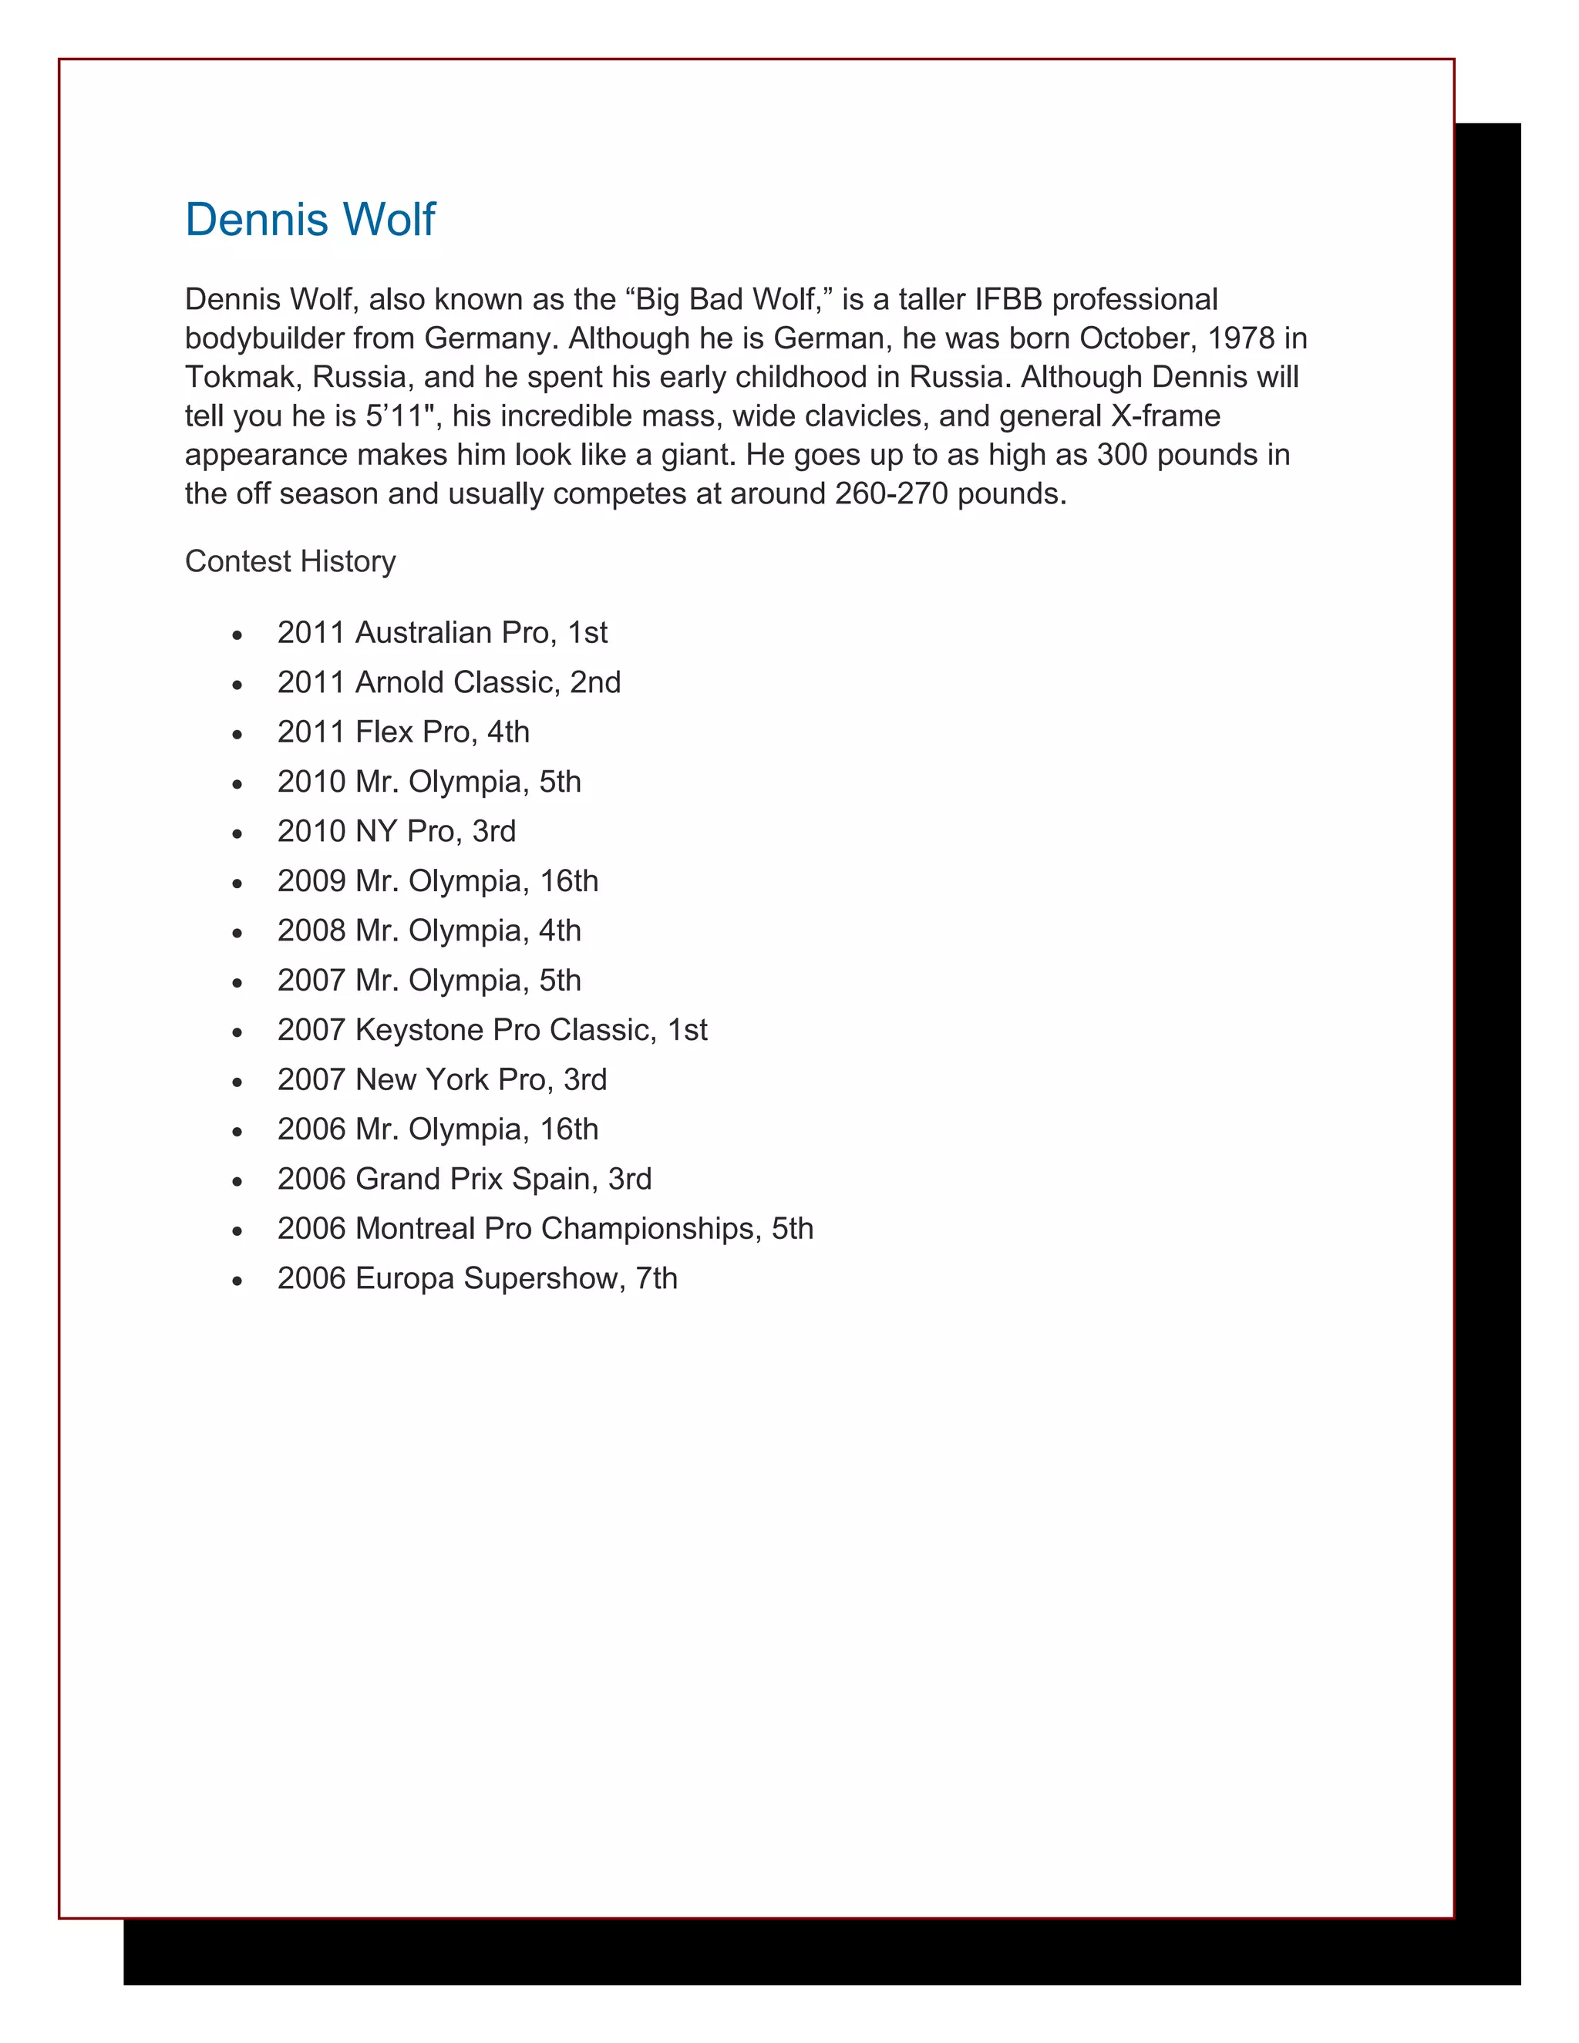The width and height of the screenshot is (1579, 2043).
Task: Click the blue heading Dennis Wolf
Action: pyautogui.click(x=310, y=220)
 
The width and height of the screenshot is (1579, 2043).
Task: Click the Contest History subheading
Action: pyautogui.click(x=290, y=561)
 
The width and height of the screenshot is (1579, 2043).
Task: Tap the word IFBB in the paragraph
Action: pyautogui.click(x=1008, y=299)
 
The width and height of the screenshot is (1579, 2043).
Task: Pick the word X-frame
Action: pyautogui.click(x=1166, y=416)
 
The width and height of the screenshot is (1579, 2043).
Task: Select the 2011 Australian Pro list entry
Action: pyautogui.click(x=443, y=632)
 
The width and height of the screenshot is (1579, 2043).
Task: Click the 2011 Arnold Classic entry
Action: pyautogui.click(x=449, y=682)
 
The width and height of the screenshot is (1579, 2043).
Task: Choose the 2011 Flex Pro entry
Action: pyautogui.click(x=403, y=732)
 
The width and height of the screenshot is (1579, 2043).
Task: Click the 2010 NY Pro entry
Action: pyautogui.click(x=396, y=830)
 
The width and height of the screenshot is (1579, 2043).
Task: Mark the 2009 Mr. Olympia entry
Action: pyautogui.click(x=438, y=880)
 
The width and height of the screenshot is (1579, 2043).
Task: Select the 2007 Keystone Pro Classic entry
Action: pyautogui.click(x=492, y=1030)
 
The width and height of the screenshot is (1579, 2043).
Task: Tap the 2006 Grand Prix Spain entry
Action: pyautogui.click(x=464, y=1179)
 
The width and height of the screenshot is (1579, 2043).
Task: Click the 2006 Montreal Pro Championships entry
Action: pyautogui.click(x=545, y=1228)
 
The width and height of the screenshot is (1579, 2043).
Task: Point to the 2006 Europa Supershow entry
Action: pyautogui.click(x=477, y=1277)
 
